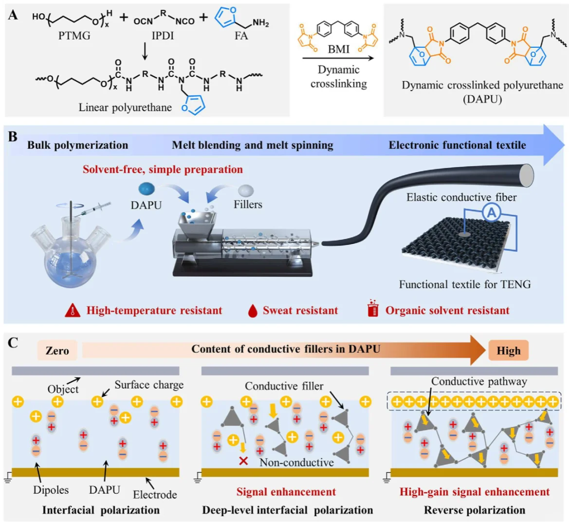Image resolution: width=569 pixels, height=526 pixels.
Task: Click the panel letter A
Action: coord(13,15)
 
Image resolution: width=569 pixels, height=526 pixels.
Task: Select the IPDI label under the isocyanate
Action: coord(163,36)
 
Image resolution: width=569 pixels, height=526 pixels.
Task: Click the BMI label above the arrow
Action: coord(338,49)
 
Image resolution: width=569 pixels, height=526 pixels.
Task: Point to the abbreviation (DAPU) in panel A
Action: coord(482,99)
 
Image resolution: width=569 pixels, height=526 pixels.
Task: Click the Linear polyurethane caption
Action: coord(125,107)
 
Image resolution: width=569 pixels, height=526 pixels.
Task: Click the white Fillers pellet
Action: coord(246,189)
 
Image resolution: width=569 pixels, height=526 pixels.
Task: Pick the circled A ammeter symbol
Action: coord(492,212)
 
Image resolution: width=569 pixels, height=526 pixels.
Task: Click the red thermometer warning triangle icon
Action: coord(72,310)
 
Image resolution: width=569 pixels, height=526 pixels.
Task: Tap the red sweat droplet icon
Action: coord(252,311)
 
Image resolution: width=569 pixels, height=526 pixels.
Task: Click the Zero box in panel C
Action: coord(57,350)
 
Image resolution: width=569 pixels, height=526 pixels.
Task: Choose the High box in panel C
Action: coord(508,351)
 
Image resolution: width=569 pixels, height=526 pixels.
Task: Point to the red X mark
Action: coord(243,460)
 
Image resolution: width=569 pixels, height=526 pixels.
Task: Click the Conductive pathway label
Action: coord(479,381)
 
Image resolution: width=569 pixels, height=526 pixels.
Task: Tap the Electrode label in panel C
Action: coord(155,494)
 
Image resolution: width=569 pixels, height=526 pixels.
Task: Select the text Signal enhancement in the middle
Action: coord(286,492)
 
